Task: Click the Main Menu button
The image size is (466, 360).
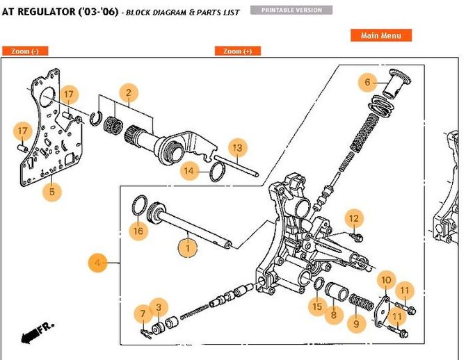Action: (381, 35)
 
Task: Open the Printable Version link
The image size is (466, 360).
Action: (296, 10)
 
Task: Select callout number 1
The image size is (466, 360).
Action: (186, 246)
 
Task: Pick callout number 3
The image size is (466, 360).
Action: (159, 307)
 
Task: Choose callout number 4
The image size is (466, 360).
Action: (97, 263)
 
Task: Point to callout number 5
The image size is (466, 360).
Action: (49, 190)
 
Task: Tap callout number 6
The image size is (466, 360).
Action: (368, 82)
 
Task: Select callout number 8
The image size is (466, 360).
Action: (333, 315)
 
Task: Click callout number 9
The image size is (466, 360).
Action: (357, 322)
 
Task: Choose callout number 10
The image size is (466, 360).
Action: (385, 280)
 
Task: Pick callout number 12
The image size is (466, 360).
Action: (354, 219)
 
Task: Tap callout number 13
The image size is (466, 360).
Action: (237, 147)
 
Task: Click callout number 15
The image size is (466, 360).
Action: (316, 306)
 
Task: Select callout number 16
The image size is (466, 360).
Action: (138, 230)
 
